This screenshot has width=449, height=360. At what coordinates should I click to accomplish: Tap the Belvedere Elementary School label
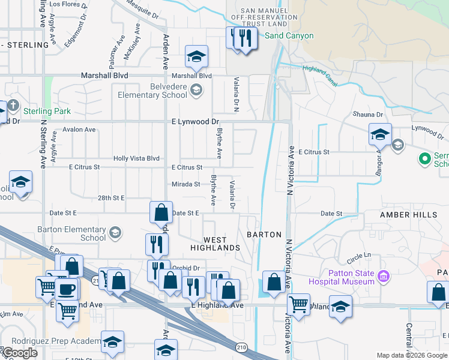(x=152, y=91)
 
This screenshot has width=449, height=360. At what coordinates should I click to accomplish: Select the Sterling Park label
(x=47, y=111)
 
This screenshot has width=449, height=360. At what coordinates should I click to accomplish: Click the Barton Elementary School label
(x=71, y=233)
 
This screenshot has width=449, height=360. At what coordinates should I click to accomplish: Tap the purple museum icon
(x=385, y=277)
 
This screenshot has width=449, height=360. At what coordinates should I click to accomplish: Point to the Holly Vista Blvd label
(x=137, y=158)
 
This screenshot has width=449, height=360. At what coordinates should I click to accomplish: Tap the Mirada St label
(x=185, y=184)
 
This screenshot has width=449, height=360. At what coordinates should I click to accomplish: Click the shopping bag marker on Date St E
(x=161, y=212)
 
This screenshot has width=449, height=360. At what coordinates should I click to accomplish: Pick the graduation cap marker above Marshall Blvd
(x=196, y=57)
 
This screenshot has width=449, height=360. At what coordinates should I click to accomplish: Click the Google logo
(x=19, y=353)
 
